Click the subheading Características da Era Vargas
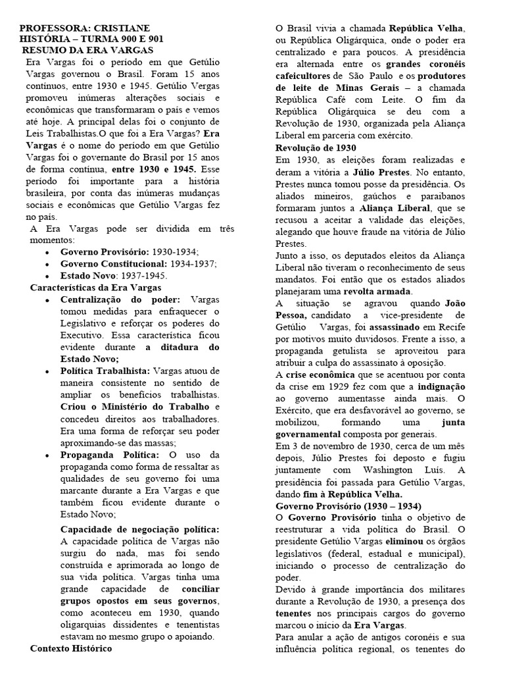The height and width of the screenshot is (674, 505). (x=95, y=288)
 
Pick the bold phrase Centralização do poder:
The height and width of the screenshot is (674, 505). (x=120, y=299)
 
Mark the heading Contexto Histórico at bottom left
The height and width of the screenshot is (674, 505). (x=71, y=648)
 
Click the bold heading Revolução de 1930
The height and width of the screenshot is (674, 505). (x=316, y=148)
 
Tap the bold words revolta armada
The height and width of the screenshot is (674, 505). (x=380, y=290)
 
